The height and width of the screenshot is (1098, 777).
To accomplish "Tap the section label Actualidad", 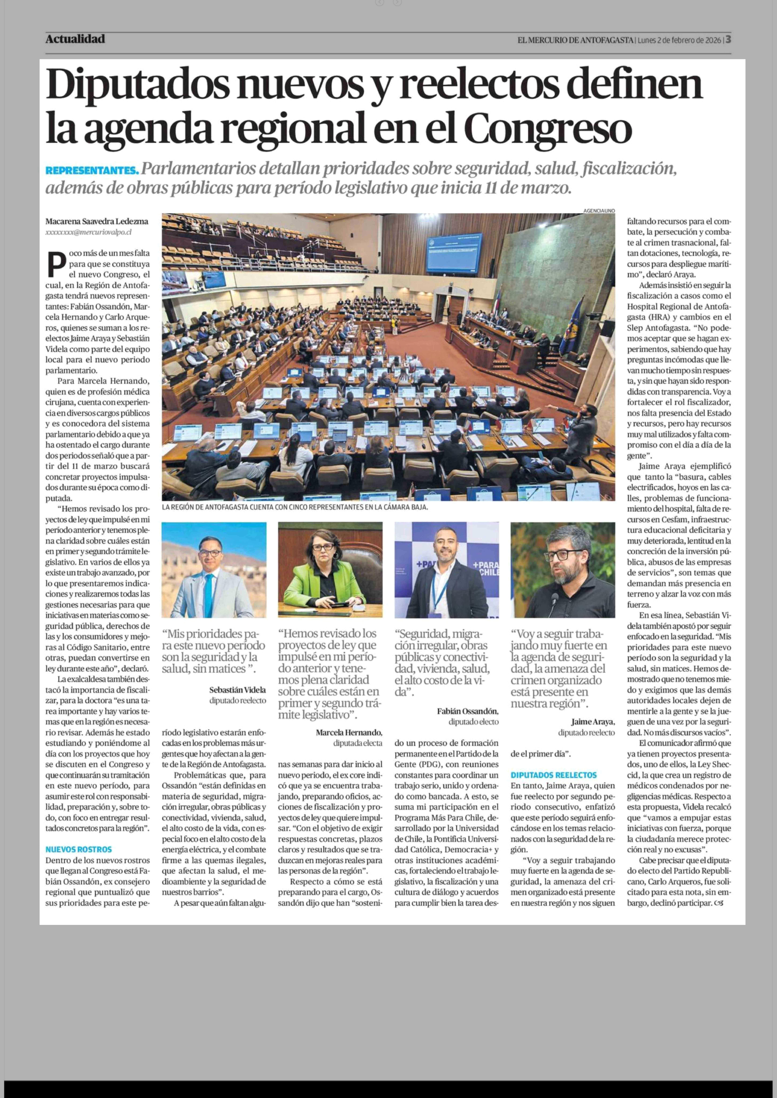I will tap(75, 39).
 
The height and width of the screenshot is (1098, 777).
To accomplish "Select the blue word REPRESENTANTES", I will tap(92, 170).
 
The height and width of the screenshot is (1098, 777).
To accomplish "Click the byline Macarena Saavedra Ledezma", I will tap(97, 221).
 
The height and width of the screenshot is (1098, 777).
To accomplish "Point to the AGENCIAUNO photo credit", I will tap(599, 210).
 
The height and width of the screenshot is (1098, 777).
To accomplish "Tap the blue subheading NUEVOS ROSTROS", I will tap(79, 849).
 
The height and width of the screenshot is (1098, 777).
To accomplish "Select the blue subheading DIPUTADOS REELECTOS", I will tap(554, 775).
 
